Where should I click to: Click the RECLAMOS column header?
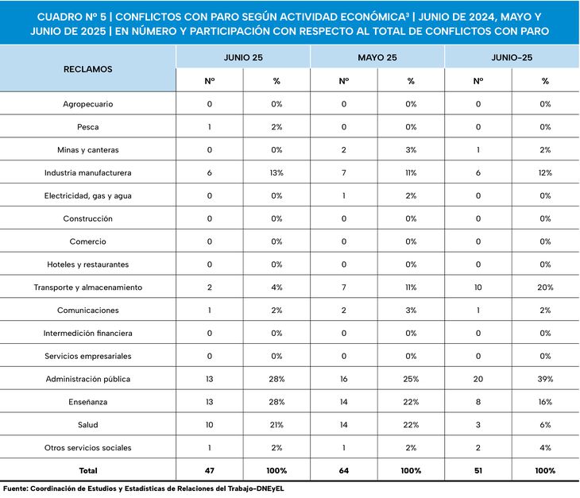[88, 69]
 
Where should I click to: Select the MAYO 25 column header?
[377, 58]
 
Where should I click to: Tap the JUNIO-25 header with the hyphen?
[512, 58]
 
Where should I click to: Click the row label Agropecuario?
[88, 104]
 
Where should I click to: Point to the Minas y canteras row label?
[88, 150]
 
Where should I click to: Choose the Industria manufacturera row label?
[88, 172]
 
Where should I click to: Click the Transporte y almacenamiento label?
[88, 288]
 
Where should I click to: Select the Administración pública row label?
[88, 379]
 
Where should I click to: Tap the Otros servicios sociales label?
[88, 448]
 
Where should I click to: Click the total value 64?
[344, 471]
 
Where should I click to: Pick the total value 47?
[210, 471]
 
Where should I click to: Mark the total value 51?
[478, 471]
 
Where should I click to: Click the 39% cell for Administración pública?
[545, 379]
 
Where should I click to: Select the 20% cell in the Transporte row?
[545, 288]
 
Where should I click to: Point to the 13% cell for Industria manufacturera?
[276, 172]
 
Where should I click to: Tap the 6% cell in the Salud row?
[545, 425]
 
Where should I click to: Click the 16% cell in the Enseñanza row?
[545, 402]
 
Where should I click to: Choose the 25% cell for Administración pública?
[411, 379]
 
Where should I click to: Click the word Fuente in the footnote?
[16, 488]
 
